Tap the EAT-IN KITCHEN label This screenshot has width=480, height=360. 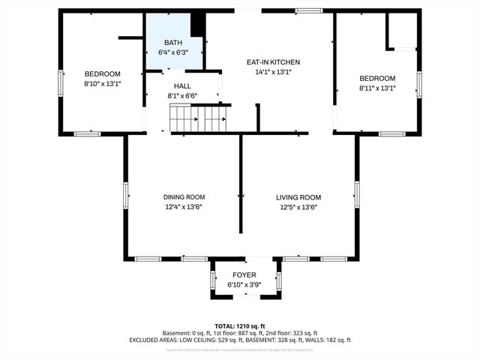[274, 63]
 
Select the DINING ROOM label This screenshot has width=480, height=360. [184, 197]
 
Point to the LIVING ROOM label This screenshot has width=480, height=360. [298, 197]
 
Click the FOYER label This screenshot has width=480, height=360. [245, 275]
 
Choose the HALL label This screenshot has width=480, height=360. [182, 86]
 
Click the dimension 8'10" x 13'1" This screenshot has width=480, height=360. [102, 84]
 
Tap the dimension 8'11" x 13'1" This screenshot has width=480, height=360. [376, 88]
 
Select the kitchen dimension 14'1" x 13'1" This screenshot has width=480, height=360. [274, 73]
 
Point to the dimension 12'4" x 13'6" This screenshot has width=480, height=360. [184, 207]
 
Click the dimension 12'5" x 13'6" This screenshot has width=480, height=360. [298, 207]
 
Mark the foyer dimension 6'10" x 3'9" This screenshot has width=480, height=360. [245, 285]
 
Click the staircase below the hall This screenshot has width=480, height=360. [199, 118]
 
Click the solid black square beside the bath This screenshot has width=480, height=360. [198, 25]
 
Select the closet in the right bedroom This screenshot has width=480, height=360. [401, 31]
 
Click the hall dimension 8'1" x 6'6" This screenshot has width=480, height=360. [182, 96]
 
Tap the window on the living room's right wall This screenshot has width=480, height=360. [357, 194]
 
